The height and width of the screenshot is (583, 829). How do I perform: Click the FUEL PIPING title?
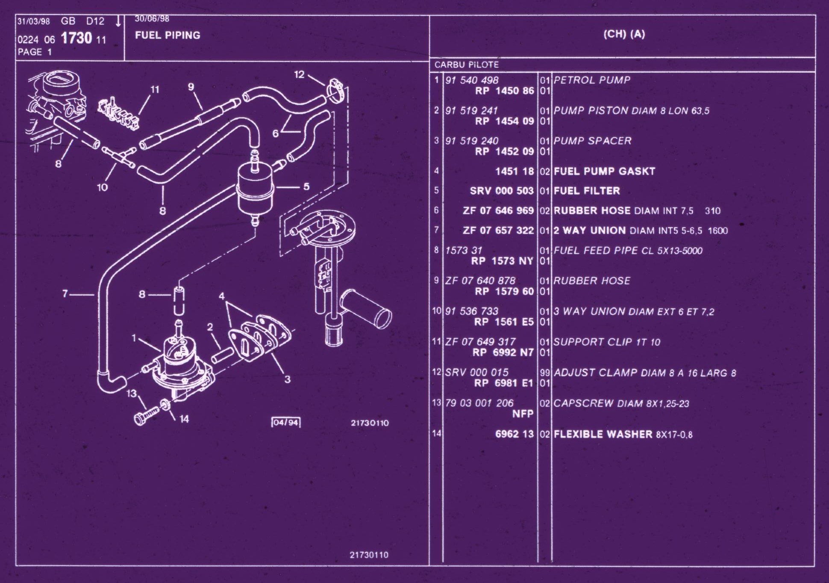(x=168, y=35)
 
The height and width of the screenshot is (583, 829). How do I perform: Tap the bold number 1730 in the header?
(x=76, y=38)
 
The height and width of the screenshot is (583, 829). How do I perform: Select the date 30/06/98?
(x=152, y=19)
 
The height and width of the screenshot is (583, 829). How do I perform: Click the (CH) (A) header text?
(x=624, y=34)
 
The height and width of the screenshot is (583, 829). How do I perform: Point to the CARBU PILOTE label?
(x=467, y=65)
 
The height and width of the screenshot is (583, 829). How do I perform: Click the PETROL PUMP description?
(x=592, y=80)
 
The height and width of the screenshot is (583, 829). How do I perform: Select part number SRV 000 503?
(x=502, y=191)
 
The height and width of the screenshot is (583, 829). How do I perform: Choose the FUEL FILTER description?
(x=587, y=191)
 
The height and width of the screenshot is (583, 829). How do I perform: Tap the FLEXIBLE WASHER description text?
(x=603, y=434)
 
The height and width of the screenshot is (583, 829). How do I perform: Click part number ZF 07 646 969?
(x=498, y=210)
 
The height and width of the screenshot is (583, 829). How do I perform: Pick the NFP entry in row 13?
(x=523, y=414)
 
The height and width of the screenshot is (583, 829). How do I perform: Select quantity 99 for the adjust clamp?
(x=544, y=373)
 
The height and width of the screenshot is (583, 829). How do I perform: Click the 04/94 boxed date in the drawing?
(x=286, y=423)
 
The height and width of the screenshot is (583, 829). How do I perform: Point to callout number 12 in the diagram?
(x=299, y=74)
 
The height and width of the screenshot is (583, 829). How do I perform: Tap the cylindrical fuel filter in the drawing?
(x=256, y=192)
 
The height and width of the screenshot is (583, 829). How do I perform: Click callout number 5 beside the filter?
(x=306, y=186)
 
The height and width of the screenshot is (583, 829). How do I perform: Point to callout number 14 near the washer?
(x=184, y=419)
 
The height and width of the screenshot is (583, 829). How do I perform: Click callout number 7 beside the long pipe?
(x=65, y=293)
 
